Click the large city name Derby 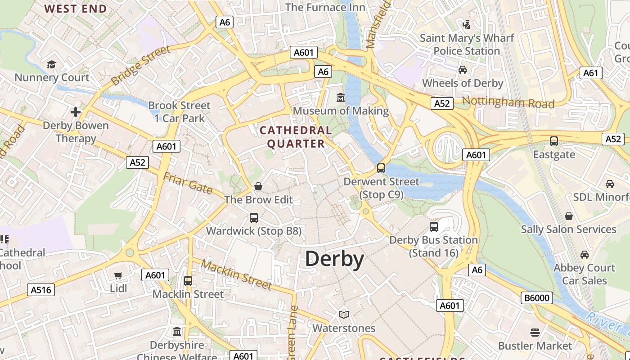[334, 260]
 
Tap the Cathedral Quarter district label [296, 137]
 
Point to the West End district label [76, 9]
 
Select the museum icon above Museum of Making [341, 97]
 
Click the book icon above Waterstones [344, 315]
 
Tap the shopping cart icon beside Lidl [118, 275]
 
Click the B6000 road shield [537, 298]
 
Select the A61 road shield [591, 73]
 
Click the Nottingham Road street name [508, 102]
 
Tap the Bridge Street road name [140, 65]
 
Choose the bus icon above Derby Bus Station [434, 226]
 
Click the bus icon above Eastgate [554, 141]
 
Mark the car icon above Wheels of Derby [462, 70]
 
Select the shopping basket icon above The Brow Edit [258, 186]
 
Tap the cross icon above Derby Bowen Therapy [76, 112]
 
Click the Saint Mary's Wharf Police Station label [467, 45]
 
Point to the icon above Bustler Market [535, 333]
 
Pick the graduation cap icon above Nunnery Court [51, 64]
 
